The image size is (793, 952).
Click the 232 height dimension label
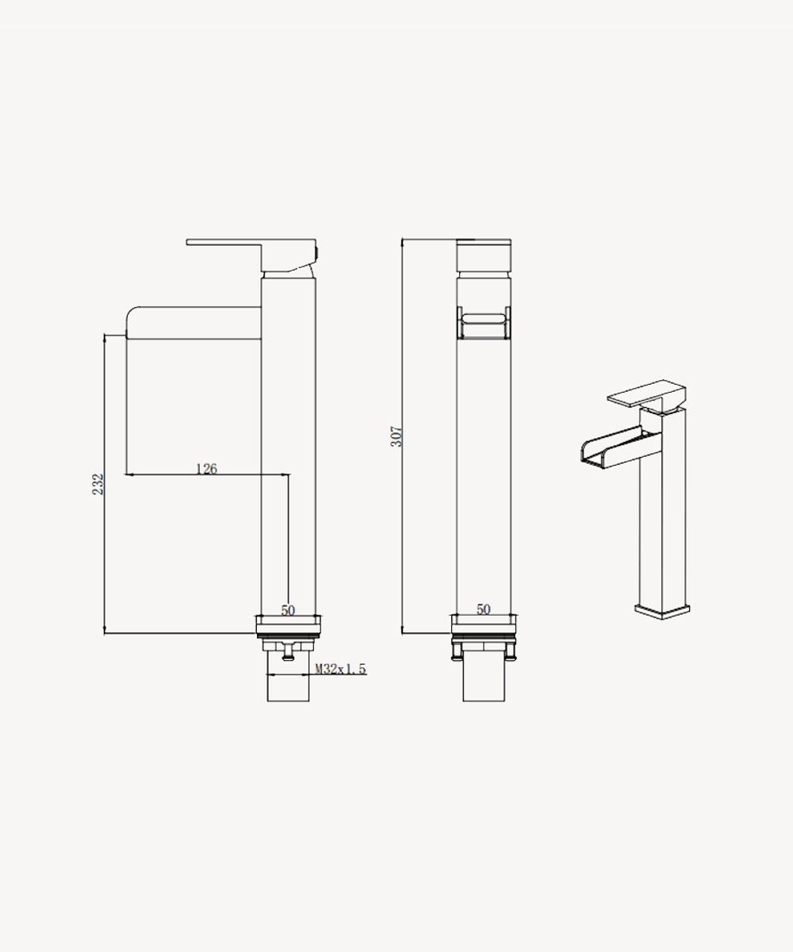click(x=98, y=484)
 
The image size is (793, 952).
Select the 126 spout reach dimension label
click(x=206, y=468)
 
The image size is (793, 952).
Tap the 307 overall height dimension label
click(x=396, y=436)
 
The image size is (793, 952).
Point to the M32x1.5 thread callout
click(x=340, y=669)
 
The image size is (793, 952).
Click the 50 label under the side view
click(x=288, y=610)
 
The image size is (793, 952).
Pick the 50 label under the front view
click(x=484, y=609)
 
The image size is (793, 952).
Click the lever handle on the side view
click(x=251, y=255)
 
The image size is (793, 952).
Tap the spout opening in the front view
click(x=484, y=324)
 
